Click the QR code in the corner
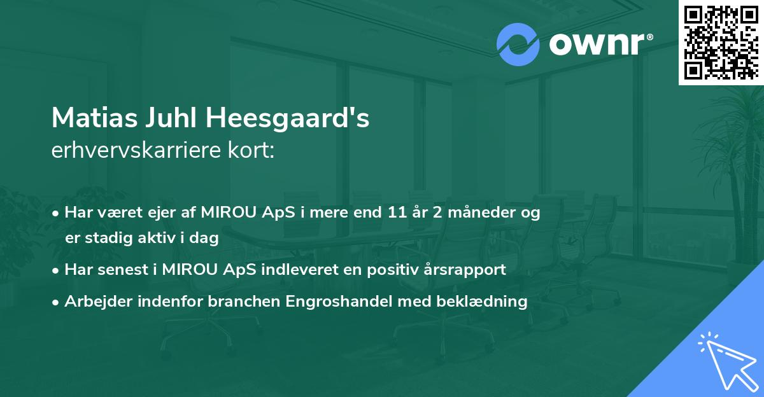[721, 42]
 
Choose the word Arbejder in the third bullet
[95, 302]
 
